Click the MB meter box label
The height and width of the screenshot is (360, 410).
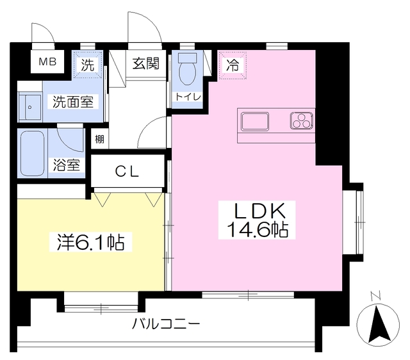[47, 62]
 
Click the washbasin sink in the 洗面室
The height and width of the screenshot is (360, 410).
[30, 107]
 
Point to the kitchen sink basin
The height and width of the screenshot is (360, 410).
[255, 121]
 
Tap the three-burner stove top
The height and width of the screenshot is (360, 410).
[302, 121]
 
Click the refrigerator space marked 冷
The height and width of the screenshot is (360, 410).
[233, 65]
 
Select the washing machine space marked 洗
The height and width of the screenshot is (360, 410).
[88, 64]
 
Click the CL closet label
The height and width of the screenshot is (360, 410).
[127, 172]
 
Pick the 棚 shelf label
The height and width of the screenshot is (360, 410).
[99, 139]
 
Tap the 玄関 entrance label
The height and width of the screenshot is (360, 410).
[145, 63]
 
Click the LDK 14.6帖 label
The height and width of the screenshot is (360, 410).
[257, 220]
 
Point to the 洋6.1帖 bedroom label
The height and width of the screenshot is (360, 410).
[91, 242]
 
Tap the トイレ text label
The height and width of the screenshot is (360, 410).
[188, 97]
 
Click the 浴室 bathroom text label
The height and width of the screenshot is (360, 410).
[67, 165]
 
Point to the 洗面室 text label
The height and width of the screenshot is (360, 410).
[73, 101]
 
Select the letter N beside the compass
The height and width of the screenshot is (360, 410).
[375, 296]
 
